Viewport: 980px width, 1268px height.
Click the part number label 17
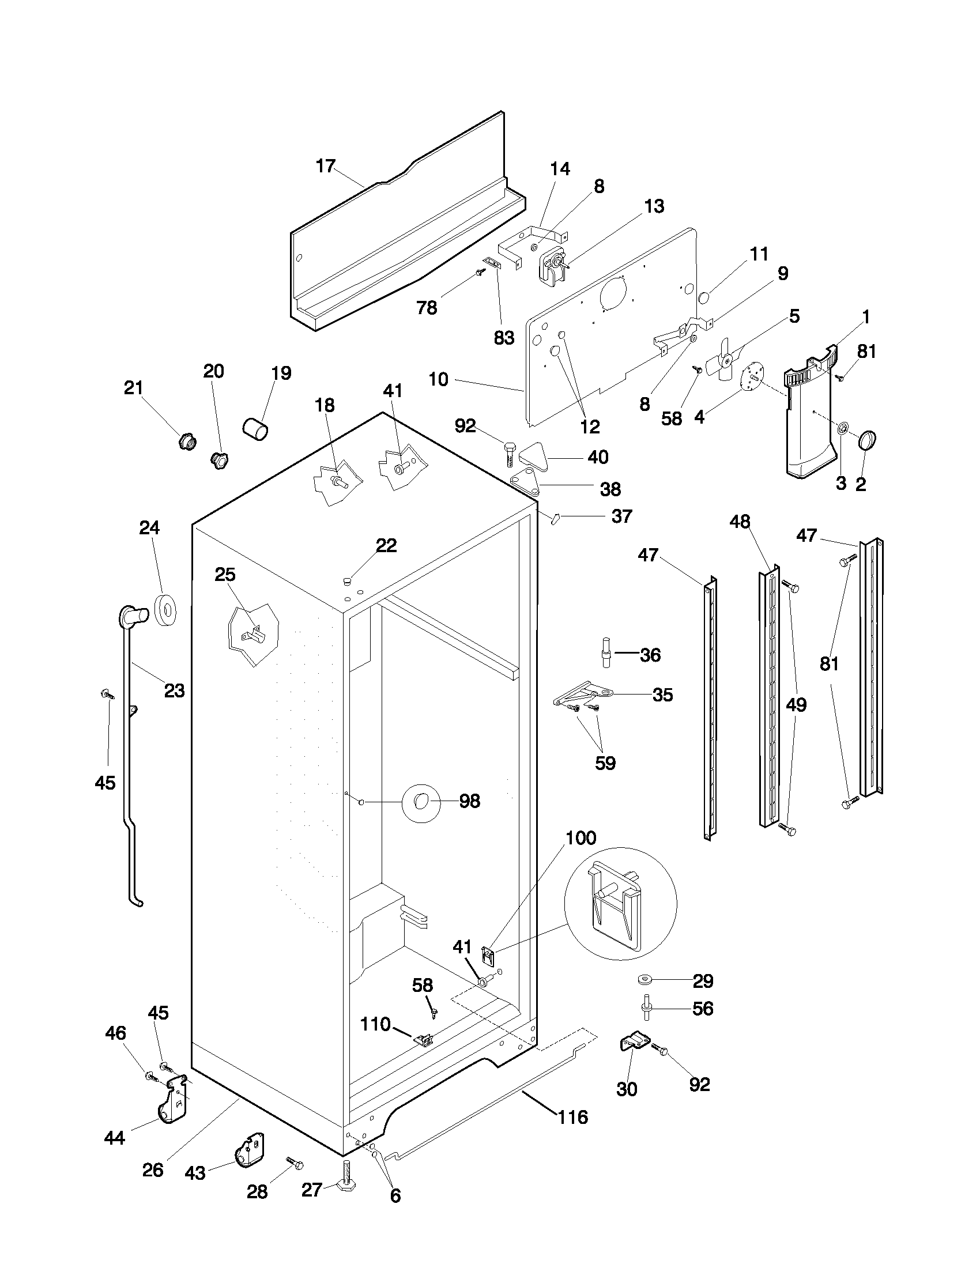(326, 166)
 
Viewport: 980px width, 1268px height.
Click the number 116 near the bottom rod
(573, 1117)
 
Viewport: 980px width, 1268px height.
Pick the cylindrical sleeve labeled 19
(255, 428)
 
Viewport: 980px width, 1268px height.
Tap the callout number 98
(469, 801)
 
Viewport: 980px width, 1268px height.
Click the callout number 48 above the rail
(740, 522)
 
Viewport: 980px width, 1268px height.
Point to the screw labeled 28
(296, 1163)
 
